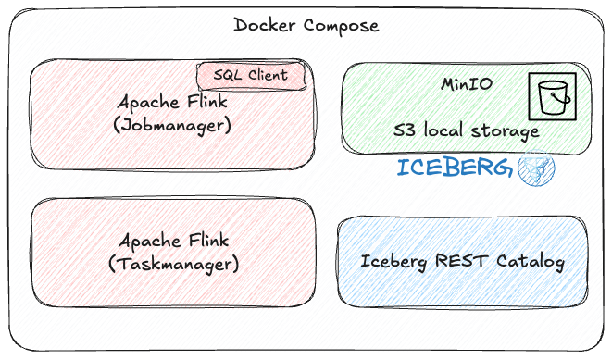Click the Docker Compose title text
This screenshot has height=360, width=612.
pos(306,26)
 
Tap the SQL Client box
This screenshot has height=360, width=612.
pos(251,76)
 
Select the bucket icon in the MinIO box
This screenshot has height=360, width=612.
pos(552,95)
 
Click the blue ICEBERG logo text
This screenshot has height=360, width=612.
pos(454,168)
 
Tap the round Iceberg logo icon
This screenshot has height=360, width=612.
pos(536,169)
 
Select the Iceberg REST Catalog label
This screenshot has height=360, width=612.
pos(462,262)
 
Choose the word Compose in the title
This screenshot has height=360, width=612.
pos(342,26)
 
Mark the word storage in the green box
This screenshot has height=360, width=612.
pos(506,131)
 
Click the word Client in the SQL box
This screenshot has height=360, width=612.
pos(267,76)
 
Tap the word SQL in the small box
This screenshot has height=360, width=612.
pos(228,76)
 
